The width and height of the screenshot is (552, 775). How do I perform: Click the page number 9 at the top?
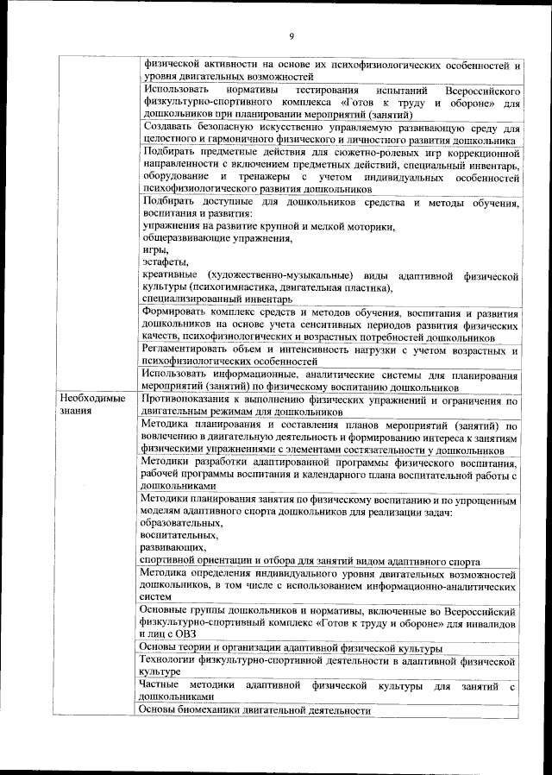pyautogui.click(x=292, y=35)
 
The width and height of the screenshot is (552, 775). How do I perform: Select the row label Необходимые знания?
pyautogui.click(x=92, y=406)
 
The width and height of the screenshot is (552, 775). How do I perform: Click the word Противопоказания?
pyautogui.click(x=191, y=400)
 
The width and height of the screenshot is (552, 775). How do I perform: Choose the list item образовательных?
pyautogui.click(x=181, y=524)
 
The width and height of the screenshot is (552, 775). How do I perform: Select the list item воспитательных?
pyautogui.click(x=179, y=536)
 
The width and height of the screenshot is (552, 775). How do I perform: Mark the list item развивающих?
pyautogui.click(x=172, y=548)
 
